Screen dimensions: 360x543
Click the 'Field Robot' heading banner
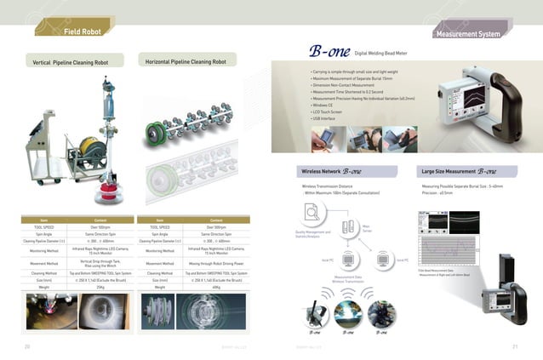click(x=82, y=32)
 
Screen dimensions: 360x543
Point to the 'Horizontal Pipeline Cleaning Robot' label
click(x=186, y=62)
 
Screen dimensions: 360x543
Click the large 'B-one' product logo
click(x=324, y=54)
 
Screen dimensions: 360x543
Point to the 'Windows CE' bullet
click(x=322, y=105)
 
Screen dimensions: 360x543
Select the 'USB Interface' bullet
click(x=323, y=118)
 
